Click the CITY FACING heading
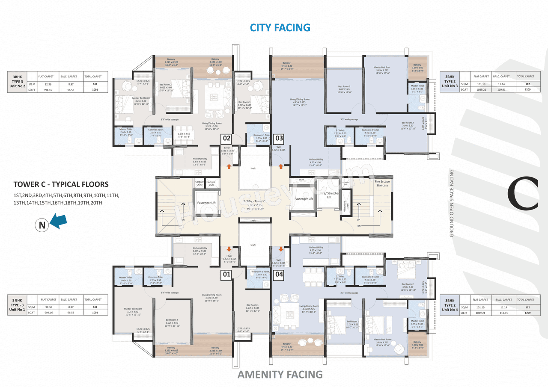280,28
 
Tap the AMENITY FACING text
280,375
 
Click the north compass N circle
42,226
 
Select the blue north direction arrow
59,220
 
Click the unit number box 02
226,138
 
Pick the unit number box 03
279,138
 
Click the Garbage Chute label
200,183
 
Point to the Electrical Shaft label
211,183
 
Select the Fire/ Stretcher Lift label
330,195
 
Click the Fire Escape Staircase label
382,183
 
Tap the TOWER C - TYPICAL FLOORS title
61,184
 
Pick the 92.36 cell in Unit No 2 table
48,84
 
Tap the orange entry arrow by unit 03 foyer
281,166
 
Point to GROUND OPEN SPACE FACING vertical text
452,203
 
